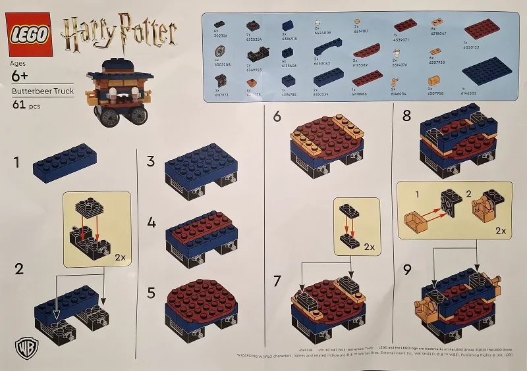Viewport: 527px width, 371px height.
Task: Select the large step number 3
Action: [151, 161]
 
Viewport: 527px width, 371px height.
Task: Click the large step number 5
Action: [151, 293]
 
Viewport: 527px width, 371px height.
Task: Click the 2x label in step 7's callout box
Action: [370, 247]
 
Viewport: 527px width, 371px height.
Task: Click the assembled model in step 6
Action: [327, 148]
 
